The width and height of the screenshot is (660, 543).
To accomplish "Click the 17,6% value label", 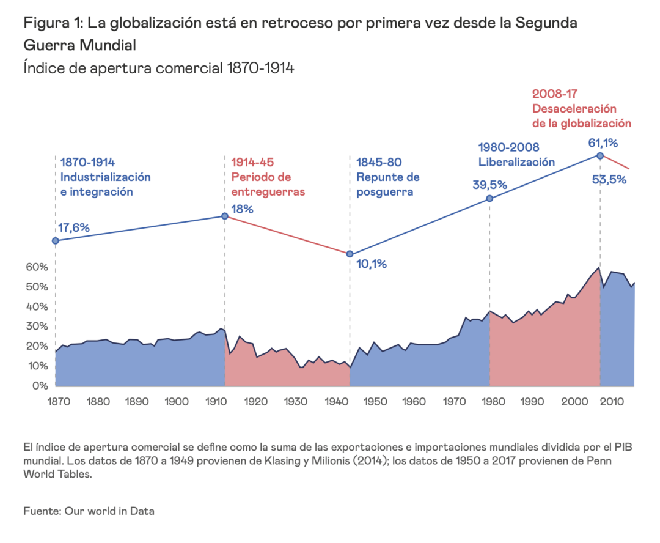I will [73, 227].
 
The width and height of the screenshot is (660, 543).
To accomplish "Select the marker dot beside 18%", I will [225, 216].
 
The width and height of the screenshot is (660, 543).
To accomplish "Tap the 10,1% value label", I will [372, 264].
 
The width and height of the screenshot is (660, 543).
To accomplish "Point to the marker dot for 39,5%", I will [490, 198].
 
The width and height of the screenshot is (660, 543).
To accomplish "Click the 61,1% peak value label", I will [602, 143].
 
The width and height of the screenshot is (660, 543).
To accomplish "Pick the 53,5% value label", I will [609, 179].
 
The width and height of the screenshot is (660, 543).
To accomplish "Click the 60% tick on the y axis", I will [35, 267].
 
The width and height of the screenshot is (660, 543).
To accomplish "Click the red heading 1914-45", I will [252, 163].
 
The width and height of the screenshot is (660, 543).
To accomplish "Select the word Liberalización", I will [516, 163].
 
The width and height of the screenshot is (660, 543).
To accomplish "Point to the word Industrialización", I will [105, 177].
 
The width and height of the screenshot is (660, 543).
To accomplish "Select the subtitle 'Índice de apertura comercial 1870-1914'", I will [159, 67].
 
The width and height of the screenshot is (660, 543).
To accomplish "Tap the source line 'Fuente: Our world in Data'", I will [89, 511].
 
